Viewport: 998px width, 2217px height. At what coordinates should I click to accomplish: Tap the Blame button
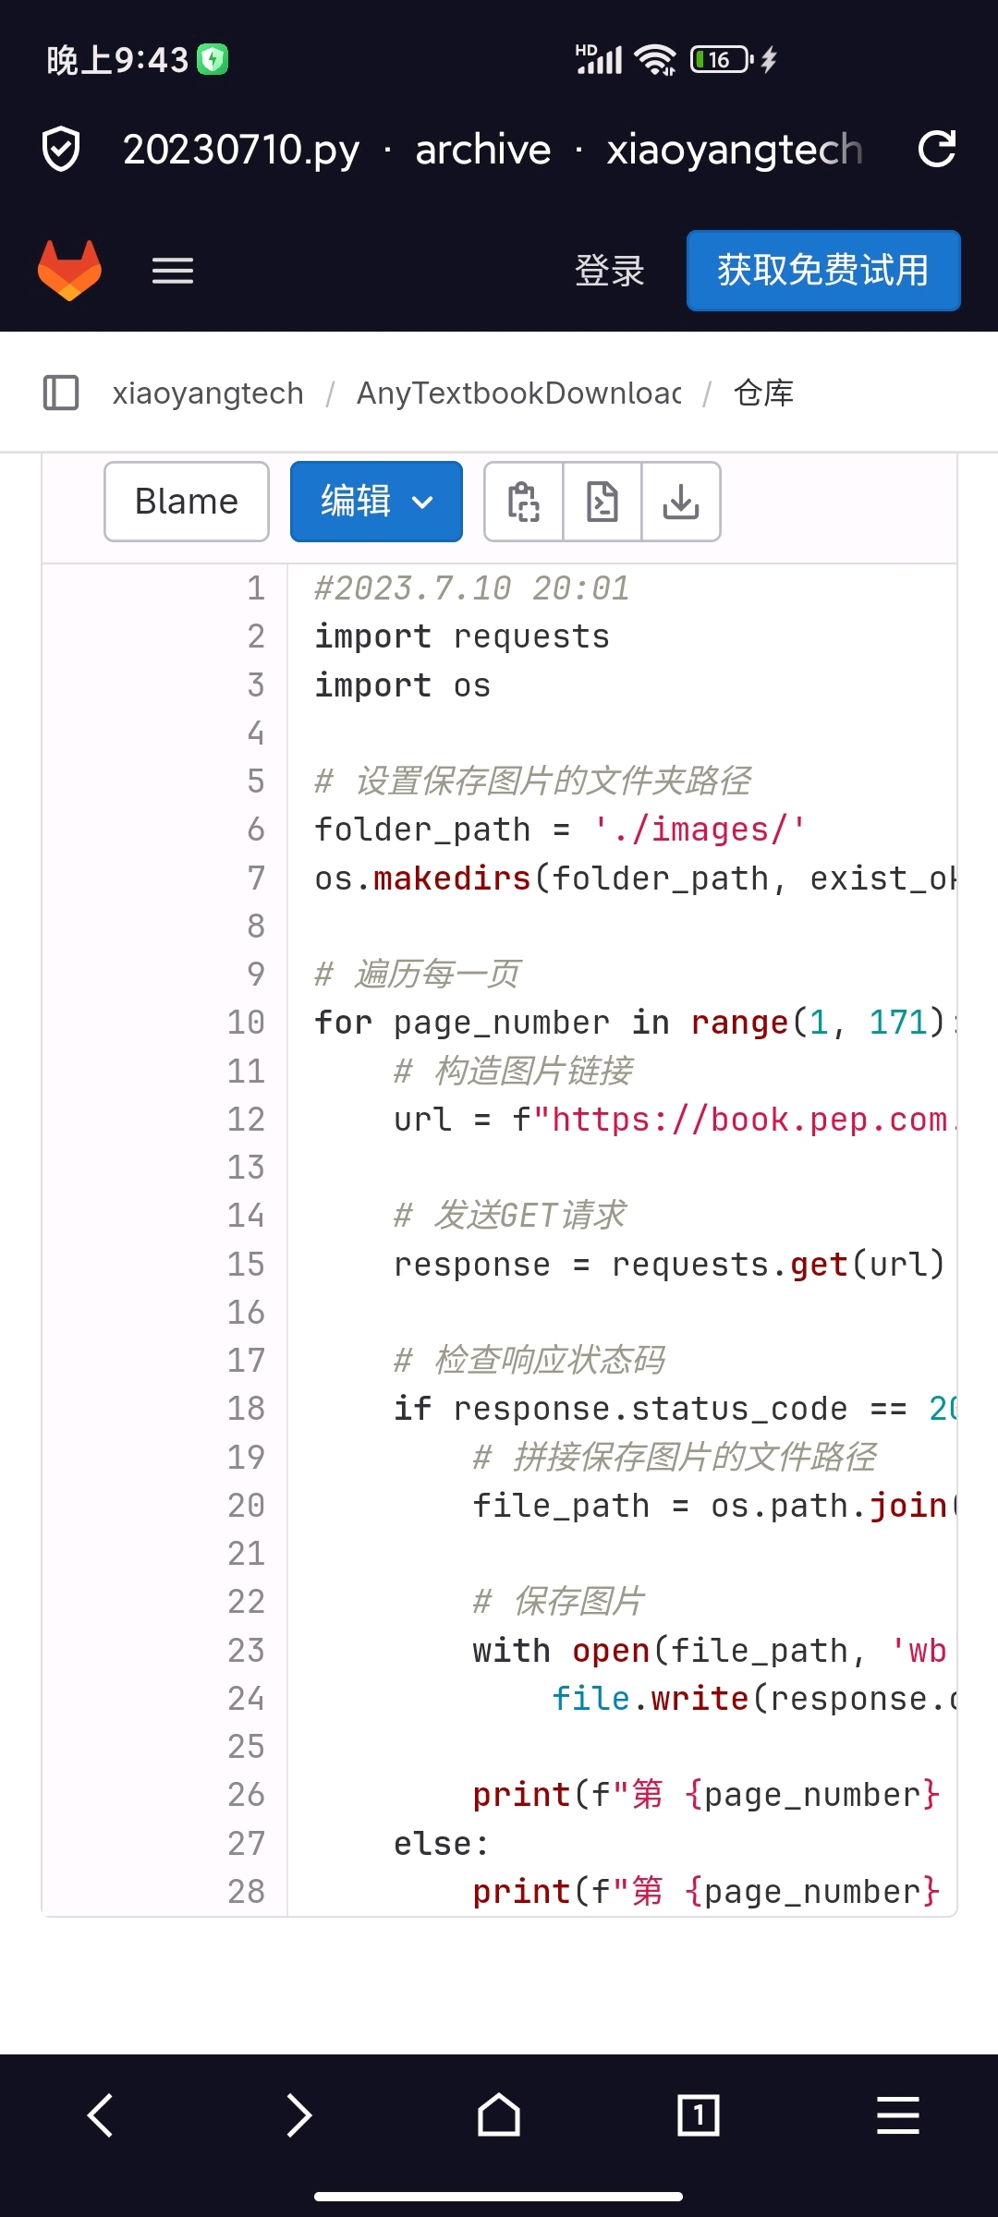coord(187,502)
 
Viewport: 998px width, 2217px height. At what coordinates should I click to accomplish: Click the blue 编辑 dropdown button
coord(376,502)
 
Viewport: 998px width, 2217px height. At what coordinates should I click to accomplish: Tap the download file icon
coord(681,502)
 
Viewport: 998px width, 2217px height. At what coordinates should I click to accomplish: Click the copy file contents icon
coord(524,502)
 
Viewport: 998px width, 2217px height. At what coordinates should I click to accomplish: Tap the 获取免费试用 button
coord(822,271)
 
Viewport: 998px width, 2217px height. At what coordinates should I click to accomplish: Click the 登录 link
coord(609,271)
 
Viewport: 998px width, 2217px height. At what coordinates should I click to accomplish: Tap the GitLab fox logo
coord(69,271)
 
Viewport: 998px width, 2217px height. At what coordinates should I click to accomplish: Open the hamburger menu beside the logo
coord(173,271)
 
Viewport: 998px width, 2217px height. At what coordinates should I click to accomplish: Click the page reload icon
coord(936,150)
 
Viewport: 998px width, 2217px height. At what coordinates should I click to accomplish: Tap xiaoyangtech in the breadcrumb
coord(208,394)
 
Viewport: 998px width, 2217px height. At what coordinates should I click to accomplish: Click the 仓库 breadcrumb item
coord(763,394)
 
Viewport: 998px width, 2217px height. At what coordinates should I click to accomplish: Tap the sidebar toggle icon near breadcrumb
coord(61,393)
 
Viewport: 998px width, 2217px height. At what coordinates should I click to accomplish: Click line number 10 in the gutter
coord(246,1023)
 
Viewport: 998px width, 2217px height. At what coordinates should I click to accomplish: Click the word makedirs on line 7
coord(452,878)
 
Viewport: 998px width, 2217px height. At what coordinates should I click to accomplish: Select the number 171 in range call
coord(897,1023)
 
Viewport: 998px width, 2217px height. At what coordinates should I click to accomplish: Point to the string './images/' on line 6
coord(699,830)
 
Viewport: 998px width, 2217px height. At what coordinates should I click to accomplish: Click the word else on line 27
coord(432,1844)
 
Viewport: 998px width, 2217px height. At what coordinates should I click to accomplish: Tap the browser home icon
coord(499,2114)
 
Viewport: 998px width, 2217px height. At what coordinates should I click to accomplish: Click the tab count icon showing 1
coord(699,2114)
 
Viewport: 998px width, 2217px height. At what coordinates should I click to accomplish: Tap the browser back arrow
coord(101,2114)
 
